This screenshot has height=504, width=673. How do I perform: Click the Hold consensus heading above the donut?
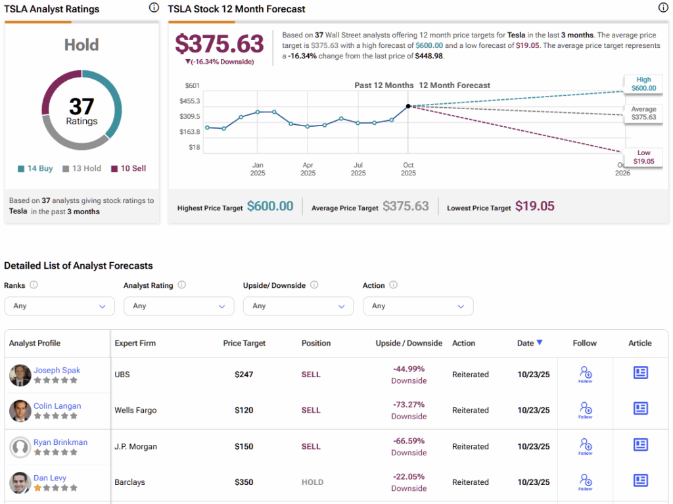click(81, 45)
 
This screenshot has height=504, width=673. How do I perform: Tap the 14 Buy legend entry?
click(35, 168)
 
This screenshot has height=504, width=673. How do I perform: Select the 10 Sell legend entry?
click(129, 168)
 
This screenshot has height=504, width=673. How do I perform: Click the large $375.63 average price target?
click(219, 44)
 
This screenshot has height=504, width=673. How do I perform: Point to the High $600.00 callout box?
click(643, 83)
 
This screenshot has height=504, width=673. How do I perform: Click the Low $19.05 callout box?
click(643, 157)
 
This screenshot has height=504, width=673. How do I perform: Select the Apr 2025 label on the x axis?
click(308, 169)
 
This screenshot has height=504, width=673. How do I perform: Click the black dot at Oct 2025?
click(408, 106)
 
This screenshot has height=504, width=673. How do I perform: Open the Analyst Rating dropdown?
click(179, 306)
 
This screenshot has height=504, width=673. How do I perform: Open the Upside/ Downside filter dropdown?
click(298, 306)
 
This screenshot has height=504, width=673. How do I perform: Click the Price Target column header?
click(244, 343)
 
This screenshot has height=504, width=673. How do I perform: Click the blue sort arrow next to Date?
click(540, 342)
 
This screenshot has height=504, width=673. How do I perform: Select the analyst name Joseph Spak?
click(57, 370)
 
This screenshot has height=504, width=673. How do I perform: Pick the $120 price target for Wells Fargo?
click(244, 410)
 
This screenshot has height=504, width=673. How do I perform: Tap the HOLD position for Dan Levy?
click(312, 482)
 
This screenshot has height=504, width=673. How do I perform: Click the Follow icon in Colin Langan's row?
click(585, 409)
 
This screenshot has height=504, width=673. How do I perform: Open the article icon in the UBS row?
click(640, 373)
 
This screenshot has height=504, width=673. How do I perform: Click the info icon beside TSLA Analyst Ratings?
click(154, 8)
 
